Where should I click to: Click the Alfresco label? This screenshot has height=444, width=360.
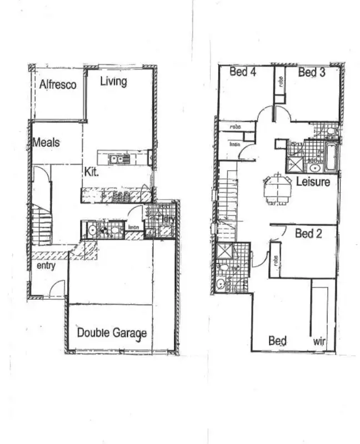pos(57,85)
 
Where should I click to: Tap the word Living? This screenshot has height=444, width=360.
pos(113,82)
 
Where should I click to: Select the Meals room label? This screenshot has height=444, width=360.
pos(46,143)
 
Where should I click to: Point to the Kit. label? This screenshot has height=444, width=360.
pos(92,172)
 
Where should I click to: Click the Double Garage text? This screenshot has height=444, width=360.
pos(112,333)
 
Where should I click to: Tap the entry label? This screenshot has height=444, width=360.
pos(46,266)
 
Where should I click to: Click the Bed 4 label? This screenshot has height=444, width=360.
pos(242,72)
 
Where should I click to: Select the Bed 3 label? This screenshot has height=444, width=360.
pos(311,72)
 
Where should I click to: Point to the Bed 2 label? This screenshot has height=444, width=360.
pos(308,234)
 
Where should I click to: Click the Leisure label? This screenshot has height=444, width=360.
pos(313,182)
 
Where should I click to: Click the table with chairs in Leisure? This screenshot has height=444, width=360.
pos(277,188)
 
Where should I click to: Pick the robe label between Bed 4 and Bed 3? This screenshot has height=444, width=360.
pos(280,83)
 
